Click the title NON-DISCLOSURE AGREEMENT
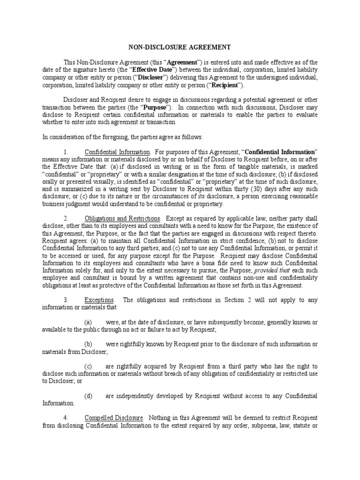coord(180,47)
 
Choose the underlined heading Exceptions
coord(99,300)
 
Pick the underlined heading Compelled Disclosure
coord(114,418)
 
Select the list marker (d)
coord(88,396)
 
